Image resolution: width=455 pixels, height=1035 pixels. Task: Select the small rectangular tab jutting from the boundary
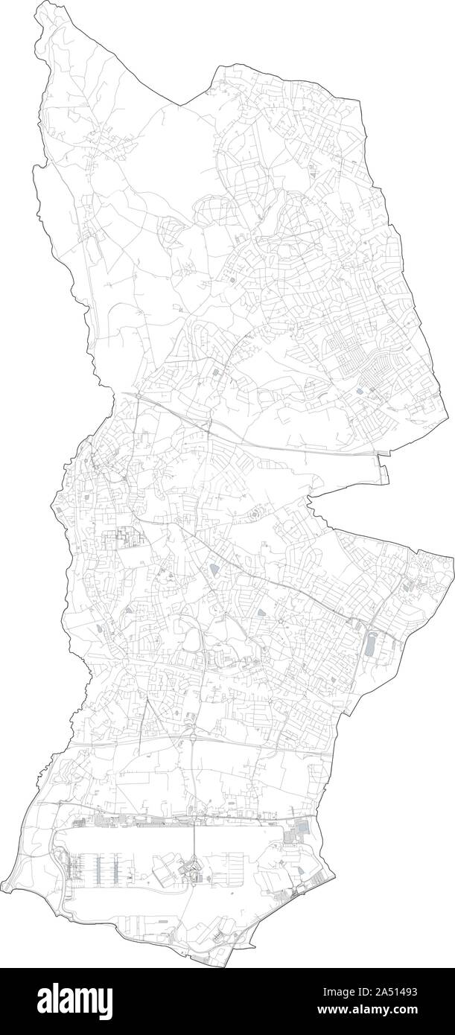[x=384, y=471]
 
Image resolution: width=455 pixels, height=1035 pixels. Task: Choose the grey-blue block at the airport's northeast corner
[x=302, y=828]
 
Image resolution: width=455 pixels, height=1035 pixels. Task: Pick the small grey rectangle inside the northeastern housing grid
[x=360, y=389]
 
